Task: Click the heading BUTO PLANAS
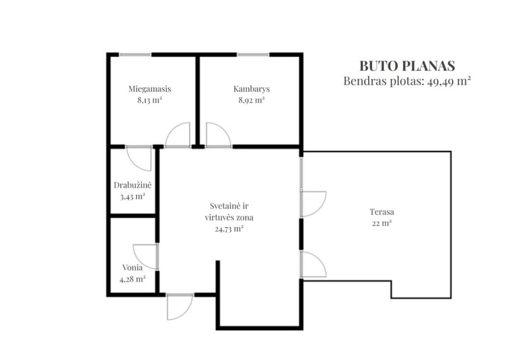[x=407, y=66]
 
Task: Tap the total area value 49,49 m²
[x=449, y=81]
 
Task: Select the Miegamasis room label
[x=150, y=89]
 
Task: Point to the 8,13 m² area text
[x=150, y=100]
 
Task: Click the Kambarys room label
[x=251, y=89]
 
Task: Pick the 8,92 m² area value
[x=251, y=100]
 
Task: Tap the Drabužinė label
[x=133, y=185]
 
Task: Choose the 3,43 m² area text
[x=133, y=196]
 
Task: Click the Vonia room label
[x=133, y=268]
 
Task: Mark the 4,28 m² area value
[x=133, y=279]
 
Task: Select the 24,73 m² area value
[x=229, y=229]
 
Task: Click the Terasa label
[x=381, y=212]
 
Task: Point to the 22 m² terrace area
[x=381, y=224]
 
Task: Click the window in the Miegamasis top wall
[x=135, y=54]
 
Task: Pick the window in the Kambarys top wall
[x=253, y=54]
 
